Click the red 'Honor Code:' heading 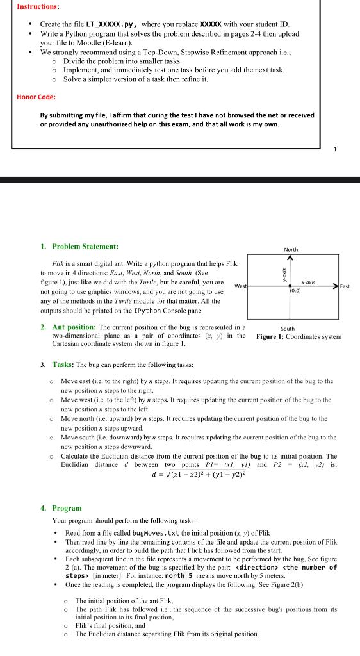click(x=36, y=97)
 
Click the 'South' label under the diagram click(x=288, y=329)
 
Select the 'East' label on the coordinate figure click(x=345, y=286)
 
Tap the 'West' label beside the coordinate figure click(x=241, y=286)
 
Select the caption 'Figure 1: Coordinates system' click(x=299, y=336)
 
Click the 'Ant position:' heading click(x=75, y=327)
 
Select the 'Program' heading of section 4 click(x=67, y=508)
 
